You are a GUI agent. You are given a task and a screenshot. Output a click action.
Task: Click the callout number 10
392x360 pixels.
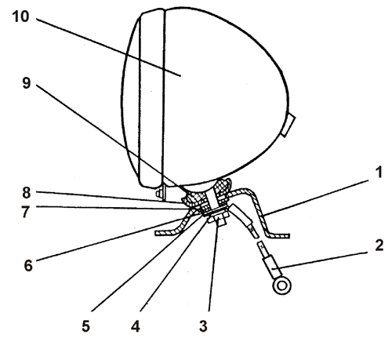pyautogui.click(x=20, y=16)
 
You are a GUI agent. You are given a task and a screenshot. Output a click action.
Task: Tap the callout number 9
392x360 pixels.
pyautogui.click(x=27, y=83)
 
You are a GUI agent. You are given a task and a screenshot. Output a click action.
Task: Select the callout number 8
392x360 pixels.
pyautogui.click(x=27, y=193)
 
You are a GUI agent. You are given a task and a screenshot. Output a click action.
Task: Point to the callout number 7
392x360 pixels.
pyautogui.click(x=26, y=212)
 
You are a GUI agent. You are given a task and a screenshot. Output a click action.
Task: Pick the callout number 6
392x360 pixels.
pyautogui.click(x=28, y=266)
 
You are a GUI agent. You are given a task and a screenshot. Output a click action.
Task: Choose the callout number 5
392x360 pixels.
pyautogui.click(x=85, y=326)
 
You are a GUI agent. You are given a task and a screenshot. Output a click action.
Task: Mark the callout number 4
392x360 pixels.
pyautogui.click(x=136, y=326)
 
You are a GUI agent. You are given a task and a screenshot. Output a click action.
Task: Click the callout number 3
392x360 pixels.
pyautogui.click(x=203, y=326)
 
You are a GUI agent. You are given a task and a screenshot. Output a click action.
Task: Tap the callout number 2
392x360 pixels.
pyautogui.click(x=379, y=245)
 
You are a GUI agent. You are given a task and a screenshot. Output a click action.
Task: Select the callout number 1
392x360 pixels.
pyautogui.click(x=379, y=173)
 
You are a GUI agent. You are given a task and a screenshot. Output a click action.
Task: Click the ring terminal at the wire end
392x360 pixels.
pyautogui.click(x=281, y=285)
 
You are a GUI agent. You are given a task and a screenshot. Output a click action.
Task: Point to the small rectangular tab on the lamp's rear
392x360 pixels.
pyautogui.click(x=288, y=125)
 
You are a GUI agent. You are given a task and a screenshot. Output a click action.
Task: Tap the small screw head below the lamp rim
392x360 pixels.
pyautogui.click(x=158, y=194)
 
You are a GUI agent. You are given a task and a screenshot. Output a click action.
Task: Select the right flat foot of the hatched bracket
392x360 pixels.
pyautogui.click(x=279, y=236)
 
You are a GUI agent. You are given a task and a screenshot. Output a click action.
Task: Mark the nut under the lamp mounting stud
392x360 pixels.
pyautogui.click(x=218, y=218)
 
